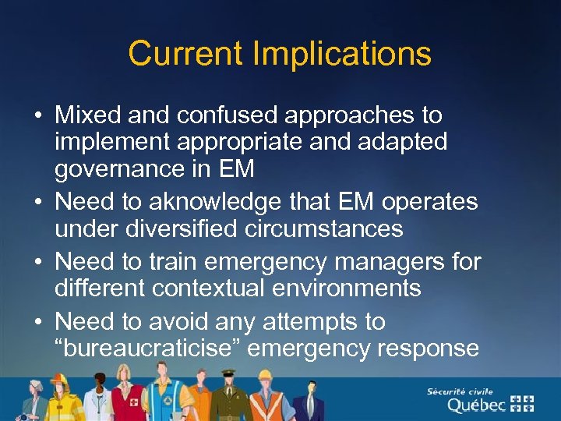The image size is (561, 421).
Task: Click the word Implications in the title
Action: [341, 55]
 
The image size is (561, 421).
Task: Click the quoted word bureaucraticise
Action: [154, 348]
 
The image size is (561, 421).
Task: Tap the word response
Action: [427, 348]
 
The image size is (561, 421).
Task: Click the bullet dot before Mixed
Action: [37, 116]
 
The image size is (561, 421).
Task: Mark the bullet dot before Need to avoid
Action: [37, 322]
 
